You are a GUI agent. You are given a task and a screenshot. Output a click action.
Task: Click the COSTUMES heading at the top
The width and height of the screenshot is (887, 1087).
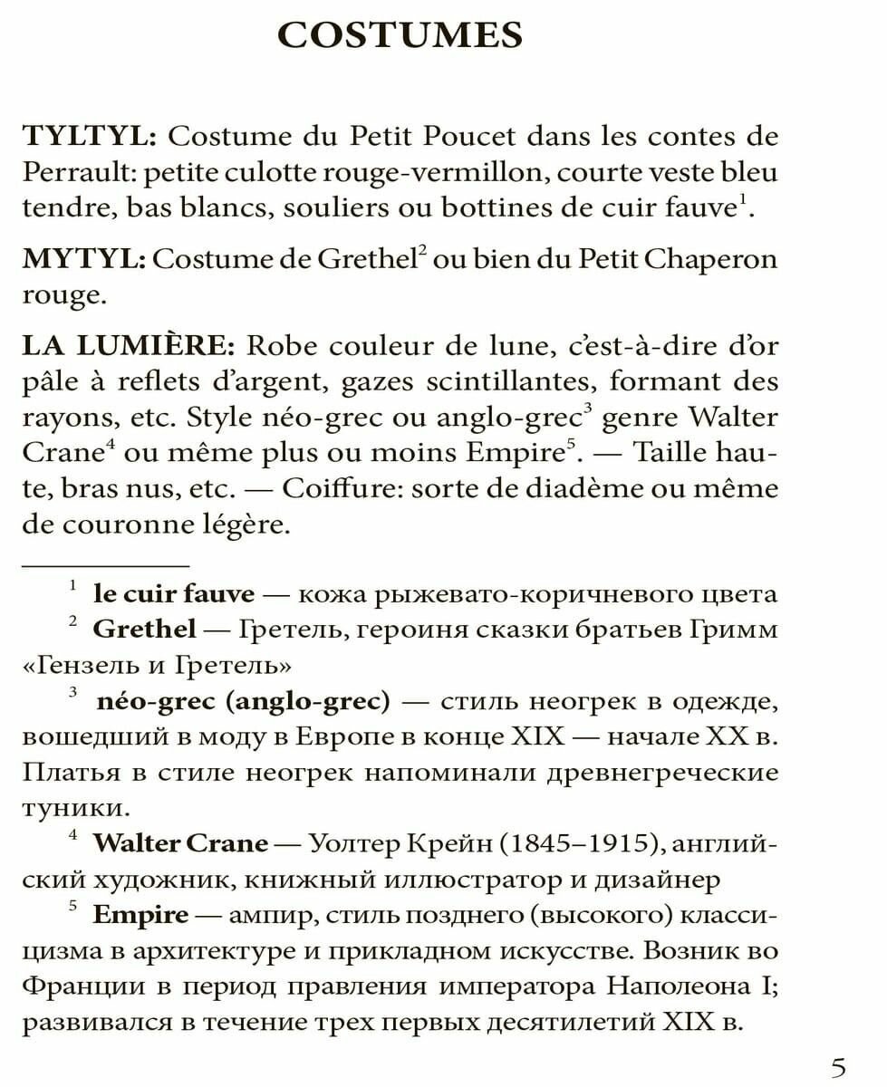click(x=400, y=35)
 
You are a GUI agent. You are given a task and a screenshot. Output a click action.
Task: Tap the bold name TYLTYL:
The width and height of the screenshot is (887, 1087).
click(x=91, y=137)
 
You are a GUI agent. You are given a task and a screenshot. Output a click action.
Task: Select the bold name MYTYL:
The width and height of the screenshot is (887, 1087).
click(x=83, y=259)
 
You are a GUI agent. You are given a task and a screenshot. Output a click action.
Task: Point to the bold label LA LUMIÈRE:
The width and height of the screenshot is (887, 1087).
click(x=128, y=347)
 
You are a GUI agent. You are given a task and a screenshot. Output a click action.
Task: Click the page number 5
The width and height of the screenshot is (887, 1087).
click(x=840, y=1067)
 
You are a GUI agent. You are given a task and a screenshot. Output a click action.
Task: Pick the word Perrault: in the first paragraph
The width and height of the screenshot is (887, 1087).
click(x=79, y=172)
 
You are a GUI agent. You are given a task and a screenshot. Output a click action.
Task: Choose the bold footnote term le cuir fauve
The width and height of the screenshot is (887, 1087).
click(x=174, y=594)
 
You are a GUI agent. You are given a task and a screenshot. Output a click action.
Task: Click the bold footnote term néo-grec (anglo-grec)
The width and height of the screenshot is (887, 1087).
click(x=242, y=700)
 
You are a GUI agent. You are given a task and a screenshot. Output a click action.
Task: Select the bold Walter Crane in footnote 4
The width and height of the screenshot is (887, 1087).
click(x=180, y=843)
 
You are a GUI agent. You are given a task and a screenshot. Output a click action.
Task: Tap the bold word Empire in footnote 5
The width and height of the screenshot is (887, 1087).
click(x=140, y=914)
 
